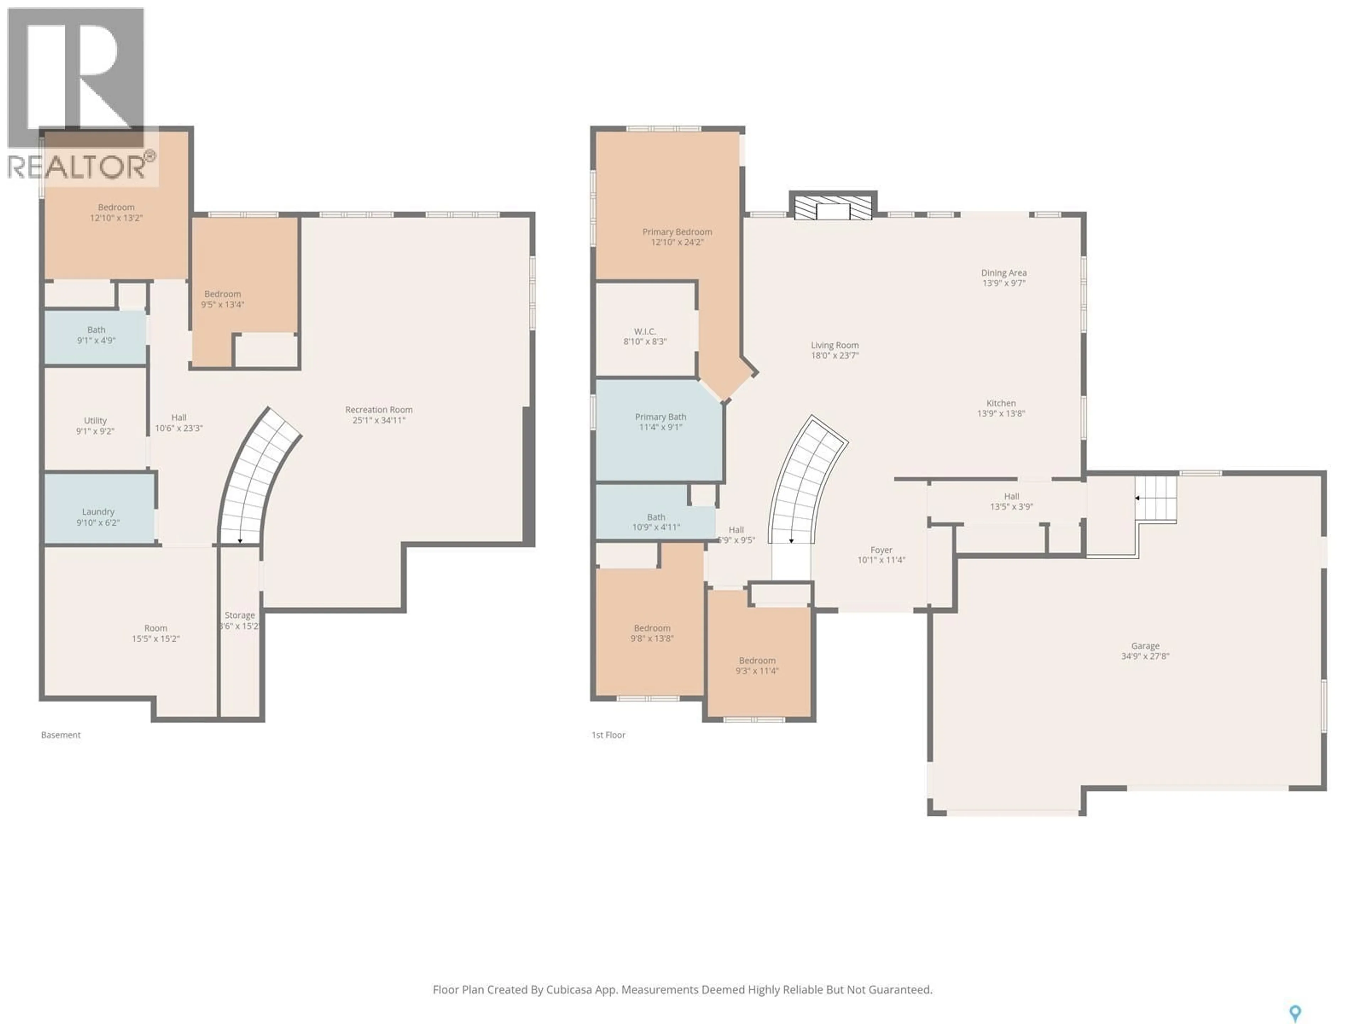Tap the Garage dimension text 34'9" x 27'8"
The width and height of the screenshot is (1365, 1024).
click(x=1145, y=656)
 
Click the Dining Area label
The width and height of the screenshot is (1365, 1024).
click(x=1003, y=273)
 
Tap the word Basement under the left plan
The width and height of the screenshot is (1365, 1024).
click(x=60, y=735)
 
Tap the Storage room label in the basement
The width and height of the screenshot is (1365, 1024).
click(x=240, y=615)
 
